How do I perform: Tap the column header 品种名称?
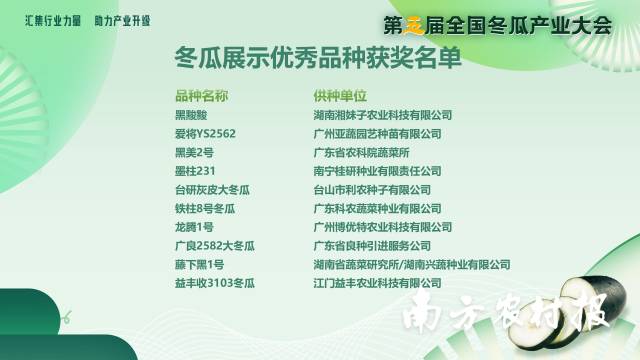[x=201, y=97]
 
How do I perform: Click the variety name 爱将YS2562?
[x=205, y=134]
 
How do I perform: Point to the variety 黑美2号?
[x=194, y=152]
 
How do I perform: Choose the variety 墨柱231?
[x=196, y=171]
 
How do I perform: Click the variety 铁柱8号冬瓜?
[x=204, y=209]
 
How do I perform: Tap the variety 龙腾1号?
[x=194, y=227]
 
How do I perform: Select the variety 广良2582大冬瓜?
[x=215, y=246]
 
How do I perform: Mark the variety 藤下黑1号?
[x=199, y=265]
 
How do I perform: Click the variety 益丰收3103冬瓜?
[x=215, y=284]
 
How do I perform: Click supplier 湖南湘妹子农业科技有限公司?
[x=382, y=115]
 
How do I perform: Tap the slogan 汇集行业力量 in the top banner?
[x=53, y=20]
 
